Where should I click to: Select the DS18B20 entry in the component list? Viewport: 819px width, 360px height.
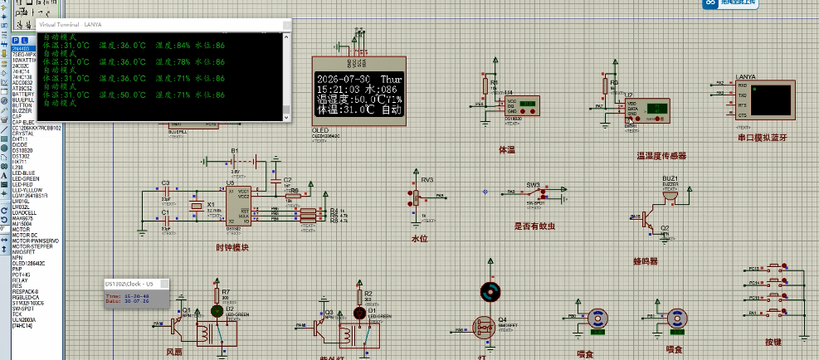(24, 151)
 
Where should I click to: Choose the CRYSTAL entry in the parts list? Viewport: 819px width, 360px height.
(23, 134)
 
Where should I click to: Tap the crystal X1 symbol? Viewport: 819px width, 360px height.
(197, 205)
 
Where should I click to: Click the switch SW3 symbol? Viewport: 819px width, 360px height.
(534, 192)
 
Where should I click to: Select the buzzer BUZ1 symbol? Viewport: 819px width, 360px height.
(670, 192)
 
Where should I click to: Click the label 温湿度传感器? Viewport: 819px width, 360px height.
(661, 155)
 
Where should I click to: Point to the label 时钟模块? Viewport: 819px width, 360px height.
(232, 246)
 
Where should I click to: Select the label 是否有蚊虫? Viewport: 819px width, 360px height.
(534, 226)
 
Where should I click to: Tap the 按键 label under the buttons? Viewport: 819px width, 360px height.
(773, 341)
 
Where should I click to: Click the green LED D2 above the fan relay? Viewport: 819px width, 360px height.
(217, 311)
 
